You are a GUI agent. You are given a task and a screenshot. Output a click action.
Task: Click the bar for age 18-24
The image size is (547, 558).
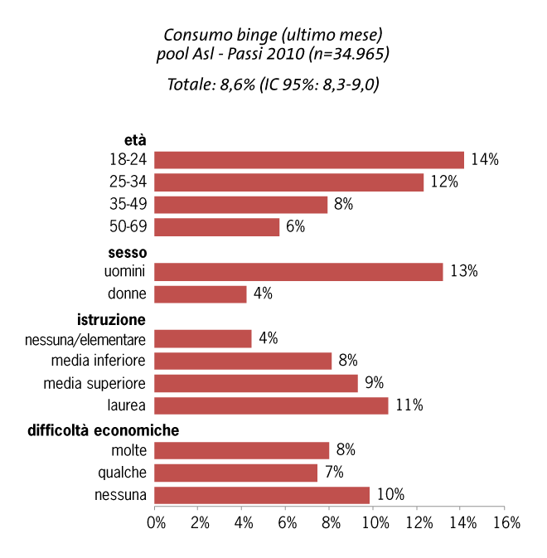tap(308, 160)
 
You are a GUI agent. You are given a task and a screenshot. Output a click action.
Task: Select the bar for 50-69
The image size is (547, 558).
tap(216, 227)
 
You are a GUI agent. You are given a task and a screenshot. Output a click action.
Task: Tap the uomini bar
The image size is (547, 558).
tap(298, 271)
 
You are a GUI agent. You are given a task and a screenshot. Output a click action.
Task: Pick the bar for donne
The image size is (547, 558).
tap(200, 294)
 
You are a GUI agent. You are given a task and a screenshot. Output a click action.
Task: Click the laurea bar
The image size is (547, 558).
tap(270, 405)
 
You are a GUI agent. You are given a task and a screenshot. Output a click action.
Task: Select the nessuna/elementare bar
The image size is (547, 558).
tap(202, 338)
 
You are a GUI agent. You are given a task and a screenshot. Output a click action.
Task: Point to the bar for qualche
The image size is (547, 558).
tap(235, 473)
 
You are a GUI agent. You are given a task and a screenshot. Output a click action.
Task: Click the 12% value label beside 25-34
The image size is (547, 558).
tap(444, 182)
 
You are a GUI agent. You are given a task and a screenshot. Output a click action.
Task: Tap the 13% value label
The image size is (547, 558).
tap(464, 271)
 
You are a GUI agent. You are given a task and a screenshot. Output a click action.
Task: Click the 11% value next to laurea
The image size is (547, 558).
tap(409, 405)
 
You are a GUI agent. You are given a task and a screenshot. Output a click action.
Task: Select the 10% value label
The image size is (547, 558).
tap(390, 495)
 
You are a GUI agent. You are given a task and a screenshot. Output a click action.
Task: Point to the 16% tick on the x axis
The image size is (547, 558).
tap(506, 523)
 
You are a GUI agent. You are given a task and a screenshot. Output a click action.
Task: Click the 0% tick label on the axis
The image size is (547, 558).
tap(156, 523)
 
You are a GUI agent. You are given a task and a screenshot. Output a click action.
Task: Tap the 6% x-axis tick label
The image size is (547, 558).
tap(288, 523)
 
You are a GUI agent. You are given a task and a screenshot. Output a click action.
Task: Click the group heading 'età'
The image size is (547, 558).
tap(135, 140)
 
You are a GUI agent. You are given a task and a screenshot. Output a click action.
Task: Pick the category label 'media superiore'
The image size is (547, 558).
tap(94, 383)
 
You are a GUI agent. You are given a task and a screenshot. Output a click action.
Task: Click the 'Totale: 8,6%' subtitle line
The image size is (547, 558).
tap(273, 84)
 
